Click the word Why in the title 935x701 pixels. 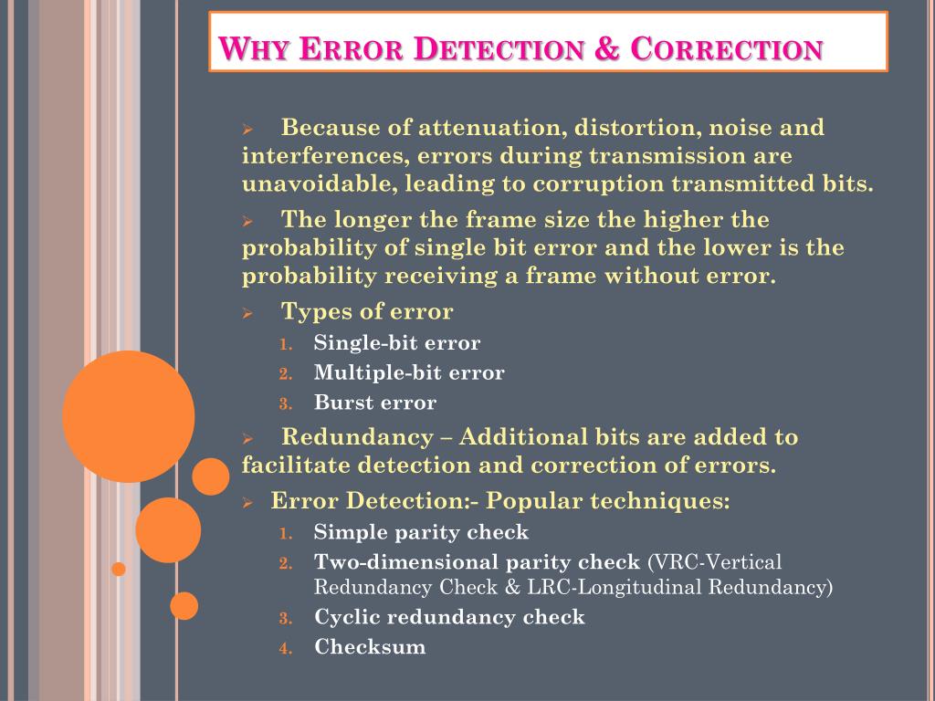click(x=257, y=48)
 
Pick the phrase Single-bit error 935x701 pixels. click(x=397, y=343)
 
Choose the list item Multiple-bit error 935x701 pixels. click(x=409, y=372)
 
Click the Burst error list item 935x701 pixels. click(x=375, y=403)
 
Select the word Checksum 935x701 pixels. click(x=370, y=647)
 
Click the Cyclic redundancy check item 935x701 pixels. click(x=449, y=617)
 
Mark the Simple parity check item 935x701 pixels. click(x=421, y=532)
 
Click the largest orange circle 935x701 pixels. click(x=128, y=416)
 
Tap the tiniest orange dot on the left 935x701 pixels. click(x=118, y=569)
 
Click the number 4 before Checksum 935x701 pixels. click(x=285, y=648)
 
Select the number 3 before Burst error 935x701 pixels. click(x=285, y=403)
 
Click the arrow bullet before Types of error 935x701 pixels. click(x=247, y=313)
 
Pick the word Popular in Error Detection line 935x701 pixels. click(x=538, y=501)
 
